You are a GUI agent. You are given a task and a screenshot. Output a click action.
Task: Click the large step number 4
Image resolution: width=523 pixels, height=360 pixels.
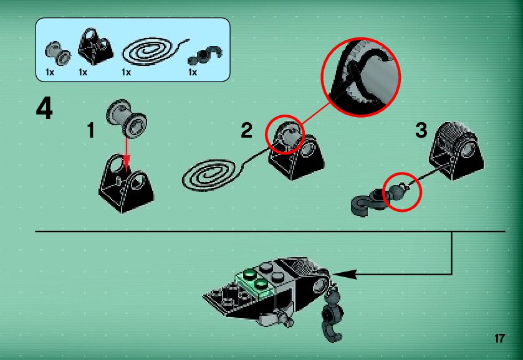coord(44,109)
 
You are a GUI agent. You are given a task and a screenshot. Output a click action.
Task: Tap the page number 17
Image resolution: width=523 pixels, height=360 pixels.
coord(499,339)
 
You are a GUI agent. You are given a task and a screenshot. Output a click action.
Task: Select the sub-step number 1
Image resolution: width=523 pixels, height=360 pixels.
coord(91,131)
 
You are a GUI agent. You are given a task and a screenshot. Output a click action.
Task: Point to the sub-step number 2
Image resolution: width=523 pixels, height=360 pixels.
coord(247,131)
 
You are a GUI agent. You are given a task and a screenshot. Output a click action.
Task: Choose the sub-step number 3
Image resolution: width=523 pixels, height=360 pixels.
coord(421,131)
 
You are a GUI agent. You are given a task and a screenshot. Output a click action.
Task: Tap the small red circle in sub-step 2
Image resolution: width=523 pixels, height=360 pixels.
coord(284,133)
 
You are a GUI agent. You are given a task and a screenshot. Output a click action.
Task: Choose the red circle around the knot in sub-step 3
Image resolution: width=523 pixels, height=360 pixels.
coord(401,191)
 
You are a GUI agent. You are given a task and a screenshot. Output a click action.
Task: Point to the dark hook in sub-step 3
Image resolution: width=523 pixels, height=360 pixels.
coord(368,198)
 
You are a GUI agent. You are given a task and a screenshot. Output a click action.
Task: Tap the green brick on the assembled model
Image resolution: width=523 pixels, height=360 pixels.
coord(252,278)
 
